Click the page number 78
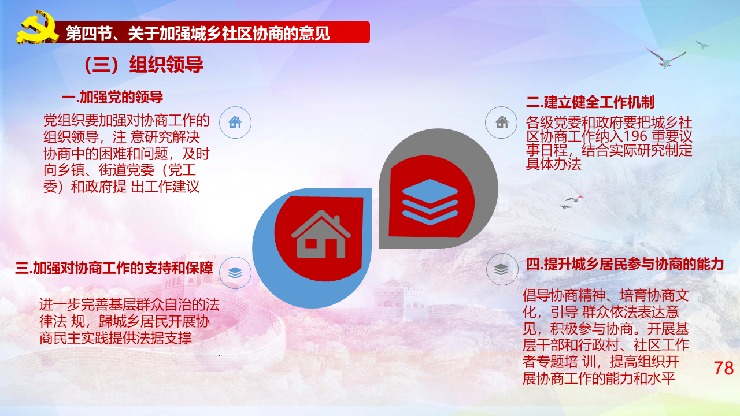pyautogui.click(x=724, y=368)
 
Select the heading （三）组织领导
pyautogui.click(x=143, y=64)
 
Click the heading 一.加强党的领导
pyautogui.click(x=112, y=98)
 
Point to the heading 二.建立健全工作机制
pyautogui.click(x=590, y=102)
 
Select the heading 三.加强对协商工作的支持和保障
pyautogui.click(x=114, y=268)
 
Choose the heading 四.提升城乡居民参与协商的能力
pyautogui.click(x=625, y=265)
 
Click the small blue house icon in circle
pyautogui.click(x=235, y=122)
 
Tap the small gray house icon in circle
pyautogui.click(x=501, y=122)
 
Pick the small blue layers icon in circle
pyautogui.click(x=235, y=273)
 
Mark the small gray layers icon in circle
pyautogui.click(x=501, y=269)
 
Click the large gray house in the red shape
pyautogui.click(x=320, y=235)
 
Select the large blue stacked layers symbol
pyautogui.click(x=430, y=202)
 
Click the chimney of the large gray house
pyautogui.click(x=336, y=221)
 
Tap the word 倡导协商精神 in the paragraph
pyautogui.click(x=564, y=295)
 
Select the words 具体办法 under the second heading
pyautogui.click(x=553, y=164)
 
